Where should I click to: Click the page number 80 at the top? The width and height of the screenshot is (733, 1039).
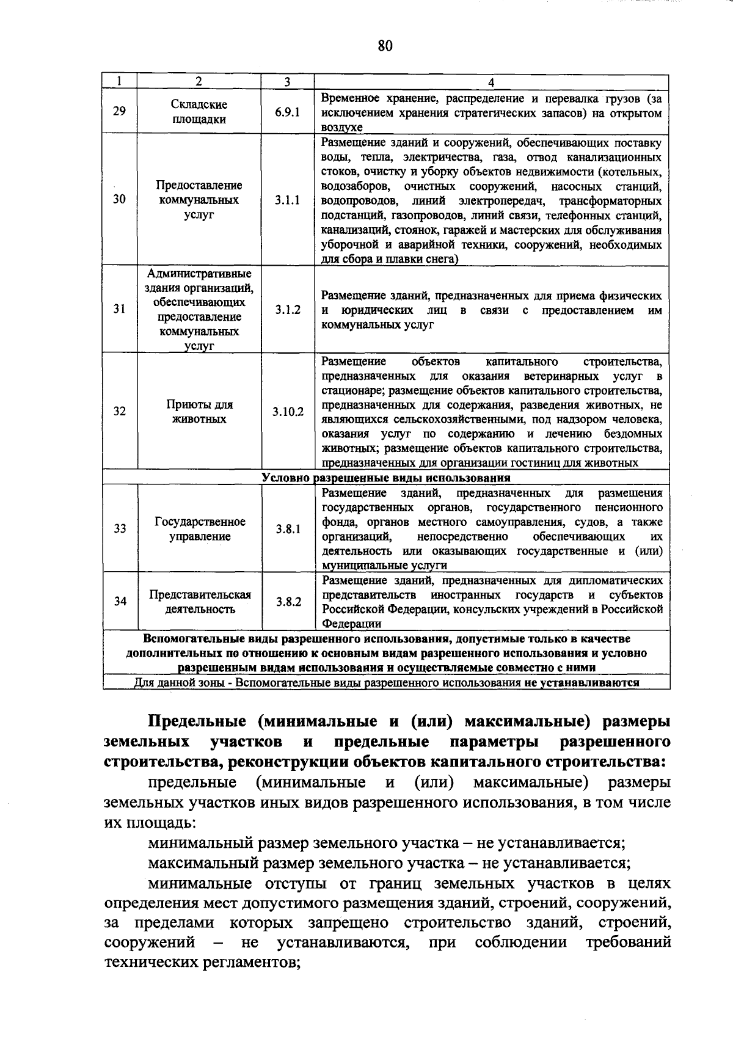pos(385,46)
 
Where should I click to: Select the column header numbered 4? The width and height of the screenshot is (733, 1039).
pos(491,82)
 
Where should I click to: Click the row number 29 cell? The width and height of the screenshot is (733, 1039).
pos(120,112)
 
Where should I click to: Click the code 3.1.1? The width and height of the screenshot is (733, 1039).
pos(287,200)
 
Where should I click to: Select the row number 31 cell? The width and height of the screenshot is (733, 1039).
pos(120,309)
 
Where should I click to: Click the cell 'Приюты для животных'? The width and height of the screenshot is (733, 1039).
pos(199,412)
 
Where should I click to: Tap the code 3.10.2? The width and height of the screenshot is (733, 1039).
pos(288,412)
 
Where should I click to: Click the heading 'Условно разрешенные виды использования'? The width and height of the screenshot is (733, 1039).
pos(386,478)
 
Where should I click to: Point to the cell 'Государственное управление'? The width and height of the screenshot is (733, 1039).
pos(200,529)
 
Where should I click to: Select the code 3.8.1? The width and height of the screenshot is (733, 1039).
pos(288,529)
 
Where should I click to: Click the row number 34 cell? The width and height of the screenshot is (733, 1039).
pos(120,601)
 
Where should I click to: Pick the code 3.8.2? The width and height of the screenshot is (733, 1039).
pos(288,602)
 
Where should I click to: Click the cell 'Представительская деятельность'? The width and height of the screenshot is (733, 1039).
pos(200,602)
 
